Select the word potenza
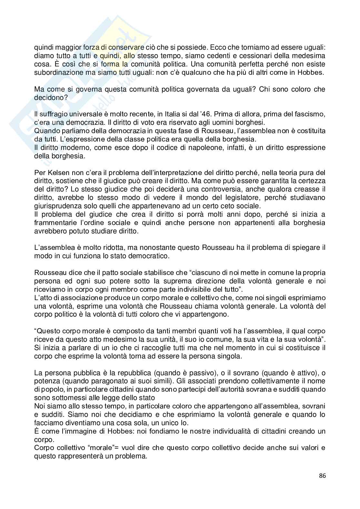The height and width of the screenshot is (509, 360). point(45,381)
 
